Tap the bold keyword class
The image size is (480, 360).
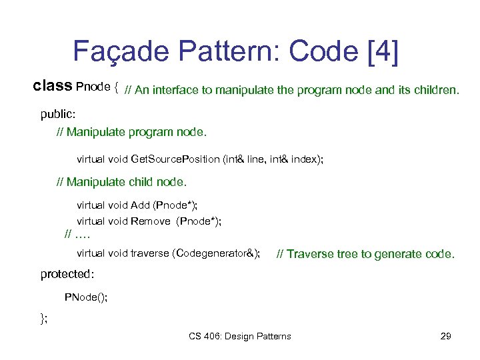53,86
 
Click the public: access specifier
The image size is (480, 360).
58,114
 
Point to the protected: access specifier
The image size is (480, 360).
67,273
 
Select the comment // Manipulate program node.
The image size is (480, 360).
132,132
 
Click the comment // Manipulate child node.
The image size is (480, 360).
122,181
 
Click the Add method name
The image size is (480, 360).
141,205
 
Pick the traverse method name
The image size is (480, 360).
150,253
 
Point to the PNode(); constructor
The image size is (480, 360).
85,297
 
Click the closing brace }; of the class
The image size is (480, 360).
44,319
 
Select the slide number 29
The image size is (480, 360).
446,336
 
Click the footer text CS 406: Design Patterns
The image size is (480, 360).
240,336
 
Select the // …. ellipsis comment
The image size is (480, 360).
77,234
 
